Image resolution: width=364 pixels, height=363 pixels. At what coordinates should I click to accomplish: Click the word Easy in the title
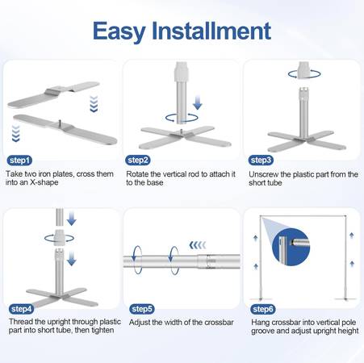pyautogui.click(x=119, y=31)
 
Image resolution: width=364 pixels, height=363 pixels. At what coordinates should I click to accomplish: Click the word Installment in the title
pyautogui.click(x=211, y=31)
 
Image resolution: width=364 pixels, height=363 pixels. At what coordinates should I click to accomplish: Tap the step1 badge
pyautogui.click(x=19, y=161)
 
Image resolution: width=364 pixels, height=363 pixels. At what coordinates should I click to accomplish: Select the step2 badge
pyautogui.click(x=138, y=161)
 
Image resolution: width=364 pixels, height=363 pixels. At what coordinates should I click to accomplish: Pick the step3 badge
pyautogui.click(x=261, y=161)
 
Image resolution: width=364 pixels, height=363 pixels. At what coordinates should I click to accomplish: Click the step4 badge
pyautogui.click(x=21, y=309)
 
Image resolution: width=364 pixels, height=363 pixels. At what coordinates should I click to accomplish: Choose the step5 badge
pyautogui.click(x=142, y=309)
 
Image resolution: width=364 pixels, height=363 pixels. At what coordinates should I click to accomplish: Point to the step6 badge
pyautogui.click(x=263, y=309)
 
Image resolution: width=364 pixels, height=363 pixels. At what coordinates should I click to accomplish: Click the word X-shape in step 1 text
pyautogui.click(x=44, y=182)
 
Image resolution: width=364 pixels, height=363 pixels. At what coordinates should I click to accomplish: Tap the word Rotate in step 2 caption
pyautogui.click(x=137, y=174)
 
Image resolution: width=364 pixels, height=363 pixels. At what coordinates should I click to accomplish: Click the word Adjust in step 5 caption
pyautogui.click(x=140, y=323)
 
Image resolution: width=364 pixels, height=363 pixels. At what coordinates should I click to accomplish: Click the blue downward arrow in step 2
pyautogui.click(x=198, y=102)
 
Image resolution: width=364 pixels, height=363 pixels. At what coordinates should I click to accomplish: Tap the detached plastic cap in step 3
pyautogui.click(x=304, y=70)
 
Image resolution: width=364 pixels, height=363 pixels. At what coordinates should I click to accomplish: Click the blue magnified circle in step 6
pyautogui.click(x=291, y=247)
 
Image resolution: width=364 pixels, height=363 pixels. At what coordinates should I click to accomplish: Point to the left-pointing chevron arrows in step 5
pyautogui.click(x=198, y=245)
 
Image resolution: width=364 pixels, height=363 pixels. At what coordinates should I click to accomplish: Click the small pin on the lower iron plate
pyautogui.click(x=60, y=123)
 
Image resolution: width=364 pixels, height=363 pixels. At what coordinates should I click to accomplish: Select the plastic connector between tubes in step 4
pyautogui.click(x=60, y=237)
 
